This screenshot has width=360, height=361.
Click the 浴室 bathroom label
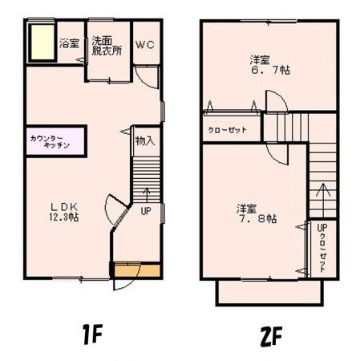pos(69,43)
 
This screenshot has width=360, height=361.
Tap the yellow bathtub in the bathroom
pos(42,42)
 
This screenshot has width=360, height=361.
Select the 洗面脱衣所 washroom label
pos(107,46)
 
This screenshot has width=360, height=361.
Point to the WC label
pos(145,44)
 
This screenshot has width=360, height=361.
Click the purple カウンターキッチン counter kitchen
pos(56,141)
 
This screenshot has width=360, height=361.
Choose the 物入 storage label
pos(145,141)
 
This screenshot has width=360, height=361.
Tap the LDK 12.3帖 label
pos(64,212)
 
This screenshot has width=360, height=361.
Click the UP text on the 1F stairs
pos(146,211)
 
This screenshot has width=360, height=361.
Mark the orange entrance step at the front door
pos(137,270)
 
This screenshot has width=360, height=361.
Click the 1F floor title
pos(92,334)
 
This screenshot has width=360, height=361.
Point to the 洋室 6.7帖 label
pos(270,65)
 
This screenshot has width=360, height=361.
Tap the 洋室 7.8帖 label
pos(257,213)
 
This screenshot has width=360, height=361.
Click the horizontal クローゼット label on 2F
pos(228,130)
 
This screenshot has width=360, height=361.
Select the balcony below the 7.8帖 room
pos(269,293)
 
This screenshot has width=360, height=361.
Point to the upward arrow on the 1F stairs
pos(147,195)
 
